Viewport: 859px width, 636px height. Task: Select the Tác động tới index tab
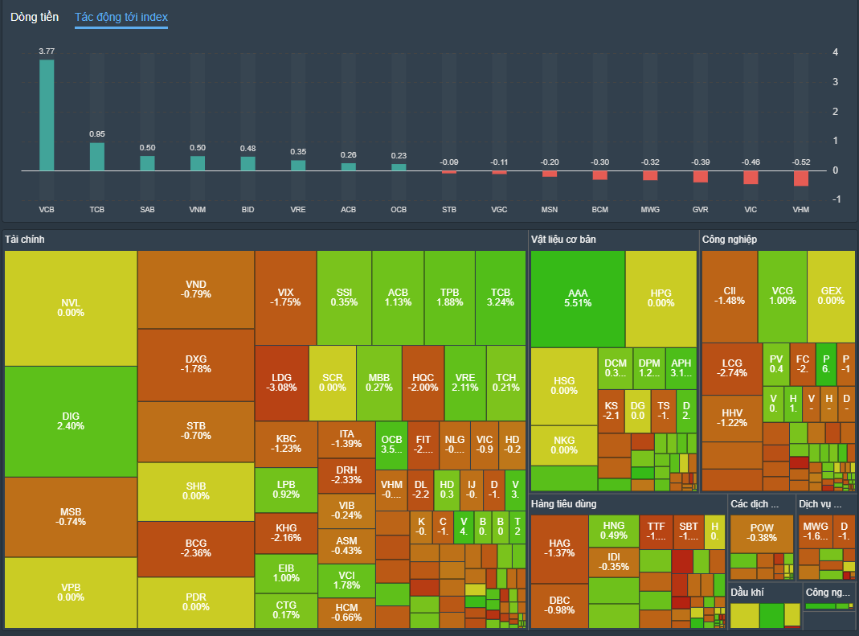click(121, 17)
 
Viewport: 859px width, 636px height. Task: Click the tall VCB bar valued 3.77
click(47, 115)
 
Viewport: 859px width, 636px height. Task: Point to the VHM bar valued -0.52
click(800, 178)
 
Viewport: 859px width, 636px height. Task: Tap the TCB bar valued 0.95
click(97, 157)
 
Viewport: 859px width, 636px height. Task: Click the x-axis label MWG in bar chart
click(650, 209)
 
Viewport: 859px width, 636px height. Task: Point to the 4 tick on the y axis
click(836, 52)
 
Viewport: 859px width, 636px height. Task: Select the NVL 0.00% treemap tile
click(71, 308)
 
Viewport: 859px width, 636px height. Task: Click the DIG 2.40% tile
click(71, 421)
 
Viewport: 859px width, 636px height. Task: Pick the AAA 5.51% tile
click(579, 298)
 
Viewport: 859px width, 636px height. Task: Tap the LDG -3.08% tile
click(281, 383)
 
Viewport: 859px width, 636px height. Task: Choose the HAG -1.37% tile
click(559, 549)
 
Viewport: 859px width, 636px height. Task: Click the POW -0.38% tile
click(762, 533)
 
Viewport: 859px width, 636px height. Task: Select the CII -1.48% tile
click(729, 295)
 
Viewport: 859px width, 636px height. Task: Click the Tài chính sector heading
click(25, 240)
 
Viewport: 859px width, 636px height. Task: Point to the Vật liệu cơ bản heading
click(563, 240)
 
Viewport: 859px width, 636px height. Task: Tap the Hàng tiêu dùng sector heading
click(564, 504)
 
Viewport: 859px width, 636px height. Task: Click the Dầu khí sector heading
click(747, 593)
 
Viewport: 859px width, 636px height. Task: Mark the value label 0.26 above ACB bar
click(348, 154)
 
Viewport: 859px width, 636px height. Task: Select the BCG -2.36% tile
click(196, 548)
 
